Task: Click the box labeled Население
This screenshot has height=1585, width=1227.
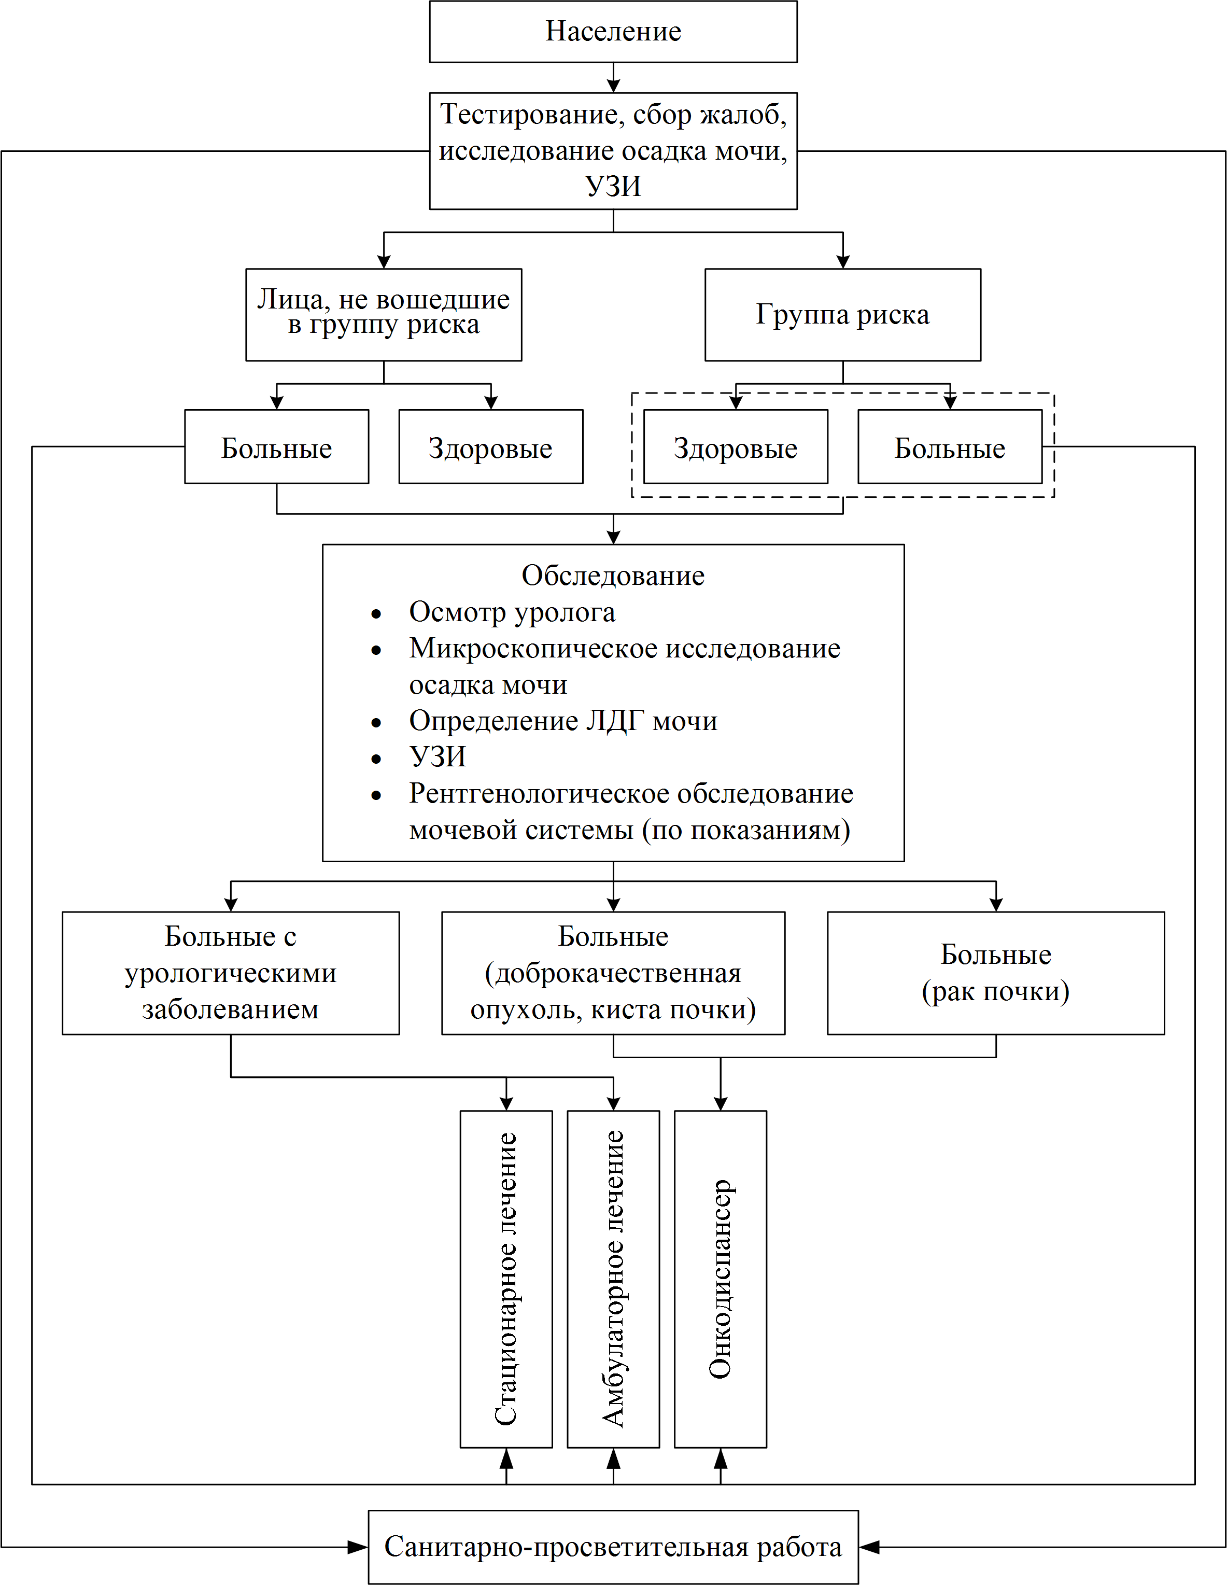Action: tap(613, 31)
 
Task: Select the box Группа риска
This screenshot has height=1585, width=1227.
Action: tap(842, 314)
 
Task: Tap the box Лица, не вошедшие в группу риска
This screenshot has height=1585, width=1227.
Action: tap(384, 314)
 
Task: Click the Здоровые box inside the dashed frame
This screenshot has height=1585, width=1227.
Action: tap(736, 446)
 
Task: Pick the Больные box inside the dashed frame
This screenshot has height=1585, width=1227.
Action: tap(950, 446)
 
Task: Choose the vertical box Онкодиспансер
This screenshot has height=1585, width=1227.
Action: tap(721, 1279)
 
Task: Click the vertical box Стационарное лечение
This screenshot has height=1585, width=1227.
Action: tap(506, 1279)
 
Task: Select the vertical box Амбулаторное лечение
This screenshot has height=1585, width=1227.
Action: tap(613, 1279)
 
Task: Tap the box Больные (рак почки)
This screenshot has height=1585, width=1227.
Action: tap(995, 973)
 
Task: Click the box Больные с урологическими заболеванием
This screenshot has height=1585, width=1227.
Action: tap(231, 973)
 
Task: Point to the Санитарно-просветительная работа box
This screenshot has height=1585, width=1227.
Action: tap(613, 1547)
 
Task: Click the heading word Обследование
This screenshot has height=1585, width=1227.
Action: tap(613, 576)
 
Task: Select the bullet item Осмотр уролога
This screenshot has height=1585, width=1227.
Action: tap(512, 612)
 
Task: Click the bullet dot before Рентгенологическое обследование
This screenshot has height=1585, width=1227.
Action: tap(376, 795)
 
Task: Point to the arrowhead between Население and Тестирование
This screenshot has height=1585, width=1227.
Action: tap(613, 85)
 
